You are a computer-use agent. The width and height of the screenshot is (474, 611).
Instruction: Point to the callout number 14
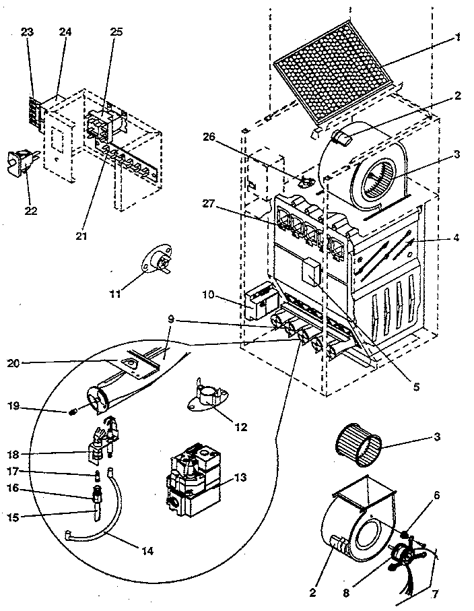[146, 551]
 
